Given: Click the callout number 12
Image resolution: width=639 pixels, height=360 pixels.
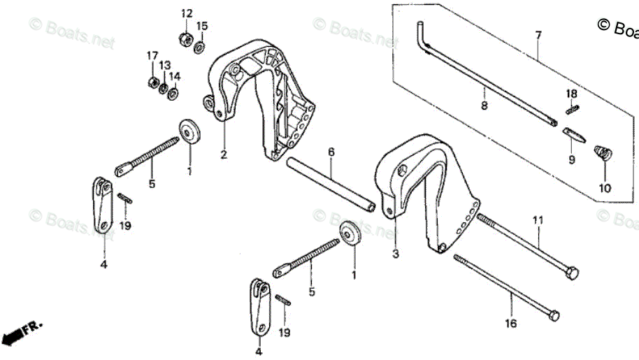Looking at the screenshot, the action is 187,14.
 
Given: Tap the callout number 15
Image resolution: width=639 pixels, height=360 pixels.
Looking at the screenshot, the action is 201,27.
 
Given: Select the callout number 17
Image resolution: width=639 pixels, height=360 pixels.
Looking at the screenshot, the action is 152,55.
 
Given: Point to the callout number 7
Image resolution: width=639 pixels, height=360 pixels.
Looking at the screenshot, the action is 538,34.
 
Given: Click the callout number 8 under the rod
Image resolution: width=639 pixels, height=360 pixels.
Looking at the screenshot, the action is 484,106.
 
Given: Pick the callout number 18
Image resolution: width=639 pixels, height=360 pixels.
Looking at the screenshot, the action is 572,94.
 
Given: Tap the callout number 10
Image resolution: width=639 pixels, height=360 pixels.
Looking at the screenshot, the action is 605,188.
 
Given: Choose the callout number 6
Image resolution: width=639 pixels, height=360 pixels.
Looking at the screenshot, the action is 331,152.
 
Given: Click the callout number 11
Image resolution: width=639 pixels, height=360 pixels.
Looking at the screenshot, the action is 538,221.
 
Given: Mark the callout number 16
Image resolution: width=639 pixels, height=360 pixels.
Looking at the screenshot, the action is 511,323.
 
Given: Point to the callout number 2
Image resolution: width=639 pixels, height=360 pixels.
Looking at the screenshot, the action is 224,154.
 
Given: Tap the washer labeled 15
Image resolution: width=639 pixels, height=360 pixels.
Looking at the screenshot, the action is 199,47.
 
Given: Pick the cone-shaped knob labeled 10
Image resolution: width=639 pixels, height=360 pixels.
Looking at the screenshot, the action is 601,152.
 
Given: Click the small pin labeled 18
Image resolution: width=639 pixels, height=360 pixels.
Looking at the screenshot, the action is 572,108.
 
